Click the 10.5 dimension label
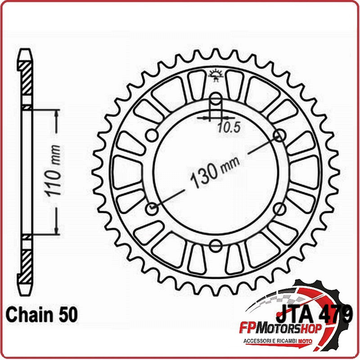(229, 128)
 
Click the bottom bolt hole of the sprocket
(216, 245)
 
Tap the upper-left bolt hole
(152, 135)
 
